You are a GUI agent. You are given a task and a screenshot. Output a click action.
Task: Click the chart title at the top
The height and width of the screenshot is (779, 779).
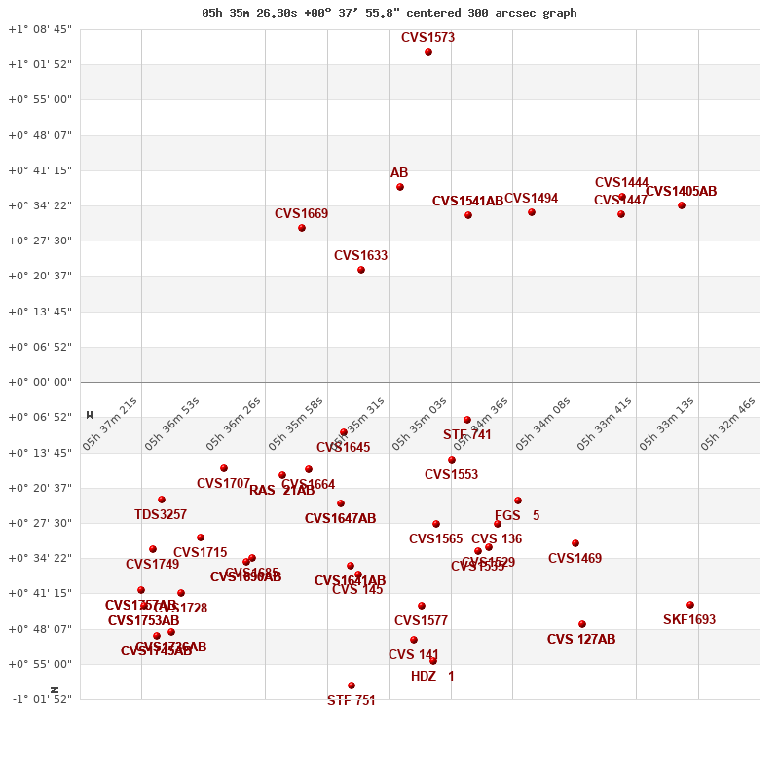(389, 13)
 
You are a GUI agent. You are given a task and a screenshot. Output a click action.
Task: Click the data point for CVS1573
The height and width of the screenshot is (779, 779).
(428, 52)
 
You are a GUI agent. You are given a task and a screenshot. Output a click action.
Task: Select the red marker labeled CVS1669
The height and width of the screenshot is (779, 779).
(302, 228)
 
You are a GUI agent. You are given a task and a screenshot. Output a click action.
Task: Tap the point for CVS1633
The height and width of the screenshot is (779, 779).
(361, 270)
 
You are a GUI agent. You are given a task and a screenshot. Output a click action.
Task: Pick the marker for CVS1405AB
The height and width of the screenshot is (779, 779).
(682, 205)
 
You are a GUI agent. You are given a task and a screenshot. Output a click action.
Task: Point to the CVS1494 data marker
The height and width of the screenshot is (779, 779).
(532, 212)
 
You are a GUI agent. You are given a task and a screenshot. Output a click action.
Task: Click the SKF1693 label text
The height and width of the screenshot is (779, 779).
(689, 620)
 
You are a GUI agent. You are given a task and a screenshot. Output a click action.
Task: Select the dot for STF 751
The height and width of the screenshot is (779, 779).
(352, 686)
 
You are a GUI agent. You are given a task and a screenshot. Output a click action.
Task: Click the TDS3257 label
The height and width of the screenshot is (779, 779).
(161, 515)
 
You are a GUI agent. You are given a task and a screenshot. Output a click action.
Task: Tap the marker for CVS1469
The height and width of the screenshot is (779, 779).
(575, 543)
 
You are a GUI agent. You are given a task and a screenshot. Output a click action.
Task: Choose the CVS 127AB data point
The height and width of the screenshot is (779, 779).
(582, 624)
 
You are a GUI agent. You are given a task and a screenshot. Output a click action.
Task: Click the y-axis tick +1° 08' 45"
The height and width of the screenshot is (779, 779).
(40, 29)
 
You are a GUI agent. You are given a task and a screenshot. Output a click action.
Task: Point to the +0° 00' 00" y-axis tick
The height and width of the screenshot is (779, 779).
(40, 382)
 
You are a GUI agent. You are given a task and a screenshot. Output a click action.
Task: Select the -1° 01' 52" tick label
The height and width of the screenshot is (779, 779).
(40, 699)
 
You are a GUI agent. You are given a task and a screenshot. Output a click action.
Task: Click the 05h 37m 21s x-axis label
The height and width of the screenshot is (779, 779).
(110, 424)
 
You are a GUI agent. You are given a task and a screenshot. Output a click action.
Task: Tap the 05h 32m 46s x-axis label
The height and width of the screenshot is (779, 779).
(728, 424)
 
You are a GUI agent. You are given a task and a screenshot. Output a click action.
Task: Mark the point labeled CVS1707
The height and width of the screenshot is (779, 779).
(224, 468)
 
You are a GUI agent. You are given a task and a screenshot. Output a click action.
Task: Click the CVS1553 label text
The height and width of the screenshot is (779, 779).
(451, 475)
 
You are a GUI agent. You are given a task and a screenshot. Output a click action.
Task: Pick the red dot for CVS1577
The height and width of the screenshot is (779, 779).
(422, 606)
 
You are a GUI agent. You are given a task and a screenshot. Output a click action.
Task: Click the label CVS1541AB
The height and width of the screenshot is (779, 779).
(467, 202)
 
